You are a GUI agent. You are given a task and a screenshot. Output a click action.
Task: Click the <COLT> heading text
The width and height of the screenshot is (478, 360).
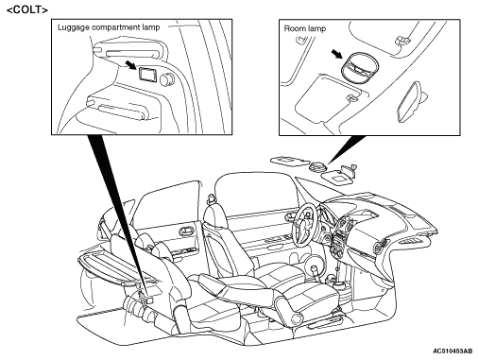[27, 9]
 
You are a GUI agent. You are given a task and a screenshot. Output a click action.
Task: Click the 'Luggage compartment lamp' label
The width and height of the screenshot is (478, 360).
[109, 27]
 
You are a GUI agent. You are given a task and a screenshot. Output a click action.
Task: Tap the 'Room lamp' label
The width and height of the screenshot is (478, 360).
[305, 28]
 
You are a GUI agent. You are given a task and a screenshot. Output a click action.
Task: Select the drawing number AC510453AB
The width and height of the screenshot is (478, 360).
[452, 351]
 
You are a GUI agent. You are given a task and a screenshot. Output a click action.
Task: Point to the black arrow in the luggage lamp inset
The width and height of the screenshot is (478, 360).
[130, 65]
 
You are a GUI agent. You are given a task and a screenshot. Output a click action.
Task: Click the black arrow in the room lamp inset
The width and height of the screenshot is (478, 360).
[337, 54]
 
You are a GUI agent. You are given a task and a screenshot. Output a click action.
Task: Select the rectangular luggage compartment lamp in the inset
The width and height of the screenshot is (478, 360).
[147, 75]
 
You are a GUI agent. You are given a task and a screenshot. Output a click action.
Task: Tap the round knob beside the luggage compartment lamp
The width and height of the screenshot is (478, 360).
[166, 78]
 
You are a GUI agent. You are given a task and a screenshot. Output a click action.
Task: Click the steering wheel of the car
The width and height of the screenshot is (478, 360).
[305, 223]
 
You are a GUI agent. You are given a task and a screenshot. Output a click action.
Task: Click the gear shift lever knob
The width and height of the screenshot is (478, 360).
[315, 268]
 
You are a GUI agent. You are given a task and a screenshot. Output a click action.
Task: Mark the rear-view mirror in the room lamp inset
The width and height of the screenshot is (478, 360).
[410, 101]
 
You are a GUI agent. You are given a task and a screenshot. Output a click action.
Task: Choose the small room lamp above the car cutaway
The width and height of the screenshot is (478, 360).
[316, 165]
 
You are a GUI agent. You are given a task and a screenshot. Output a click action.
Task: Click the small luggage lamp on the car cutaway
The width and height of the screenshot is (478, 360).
[149, 300]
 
